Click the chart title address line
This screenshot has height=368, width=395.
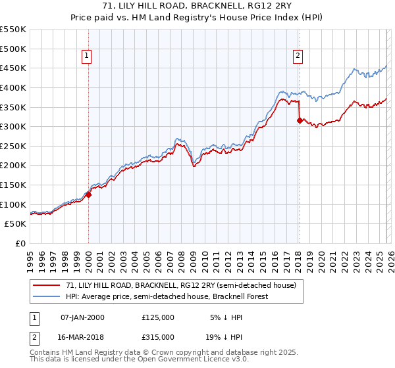pyautogui.click(x=197, y=6)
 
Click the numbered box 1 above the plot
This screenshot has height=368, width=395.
pyautogui.click(x=88, y=57)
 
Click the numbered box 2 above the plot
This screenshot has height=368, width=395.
pyautogui.click(x=298, y=57)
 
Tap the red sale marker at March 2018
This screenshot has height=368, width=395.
pyautogui.click(x=300, y=120)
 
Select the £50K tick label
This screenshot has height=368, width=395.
pyautogui.click(x=16, y=224)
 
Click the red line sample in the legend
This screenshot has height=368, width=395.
pyautogui.click(x=47, y=286)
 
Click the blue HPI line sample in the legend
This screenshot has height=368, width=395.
pyautogui.click(x=47, y=296)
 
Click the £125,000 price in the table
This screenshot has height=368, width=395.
pyautogui.click(x=158, y=317)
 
